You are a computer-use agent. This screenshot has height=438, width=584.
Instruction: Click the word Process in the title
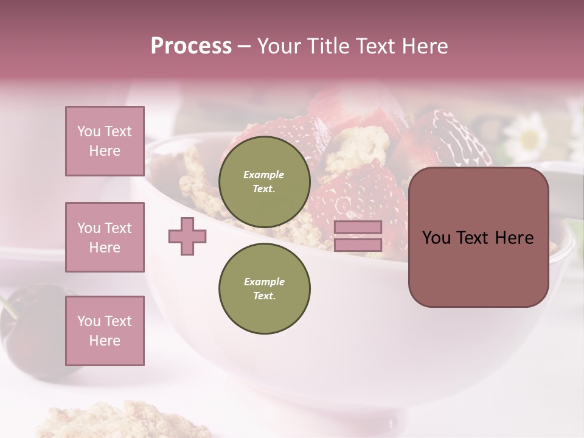point(191,46)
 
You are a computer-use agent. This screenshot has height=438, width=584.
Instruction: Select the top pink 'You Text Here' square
point(105,141)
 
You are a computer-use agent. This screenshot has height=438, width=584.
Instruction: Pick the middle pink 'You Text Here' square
point(105,237)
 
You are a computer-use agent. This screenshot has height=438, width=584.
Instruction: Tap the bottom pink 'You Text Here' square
point(105,331)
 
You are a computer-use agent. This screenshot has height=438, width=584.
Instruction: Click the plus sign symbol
point(187,236)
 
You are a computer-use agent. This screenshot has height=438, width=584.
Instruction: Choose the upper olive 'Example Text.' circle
point(264,181)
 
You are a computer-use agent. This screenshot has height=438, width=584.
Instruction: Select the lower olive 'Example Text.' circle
point(264,288)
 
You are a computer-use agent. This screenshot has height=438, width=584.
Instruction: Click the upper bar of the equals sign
point(358,227)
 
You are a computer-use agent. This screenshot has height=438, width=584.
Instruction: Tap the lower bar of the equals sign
point(358,245)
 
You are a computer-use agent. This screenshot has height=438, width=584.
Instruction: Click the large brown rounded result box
point(478,237)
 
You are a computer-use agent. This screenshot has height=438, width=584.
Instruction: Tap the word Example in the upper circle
point(264,175)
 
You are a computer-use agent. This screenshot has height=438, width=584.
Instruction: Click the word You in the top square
point(89,131)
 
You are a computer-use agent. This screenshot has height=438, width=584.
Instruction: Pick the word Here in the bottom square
point(105,341)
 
